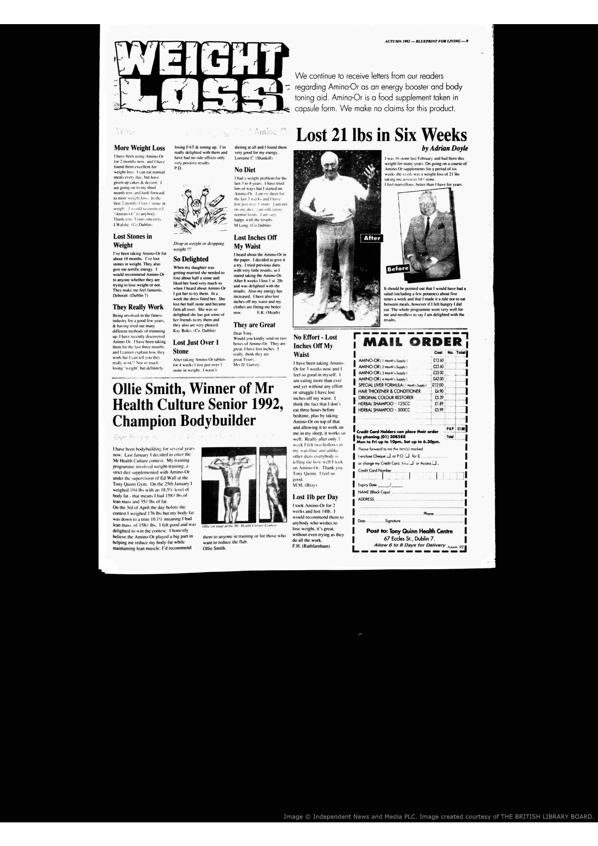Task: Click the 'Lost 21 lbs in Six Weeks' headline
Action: [x=381, y=135]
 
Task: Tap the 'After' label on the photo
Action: [x=372, y=238]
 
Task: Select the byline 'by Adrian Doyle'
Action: [x=445, y=149]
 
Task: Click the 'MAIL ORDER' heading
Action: [x=412, y=342]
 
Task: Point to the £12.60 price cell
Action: [x=438, y=360]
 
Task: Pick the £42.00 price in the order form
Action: [x=438, y=379]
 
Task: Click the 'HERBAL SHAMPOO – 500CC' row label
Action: [x=384, y=409]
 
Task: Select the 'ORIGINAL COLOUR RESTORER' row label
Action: [x=386, y=397]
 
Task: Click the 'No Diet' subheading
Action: [x=245, y=170]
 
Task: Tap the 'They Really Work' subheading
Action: [x=138, y=307]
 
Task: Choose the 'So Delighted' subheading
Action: [x=191, y=259]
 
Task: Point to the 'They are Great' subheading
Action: [x=254, y=325]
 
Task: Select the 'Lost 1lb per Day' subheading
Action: [x=315, y=497]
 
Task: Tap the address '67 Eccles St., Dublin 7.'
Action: [x=409, y=538]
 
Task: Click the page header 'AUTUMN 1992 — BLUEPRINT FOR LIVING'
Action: [x=425, y=41]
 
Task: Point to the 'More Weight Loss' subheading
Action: [x=139, y=148]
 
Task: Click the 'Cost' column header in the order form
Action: [x=438, y=353]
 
